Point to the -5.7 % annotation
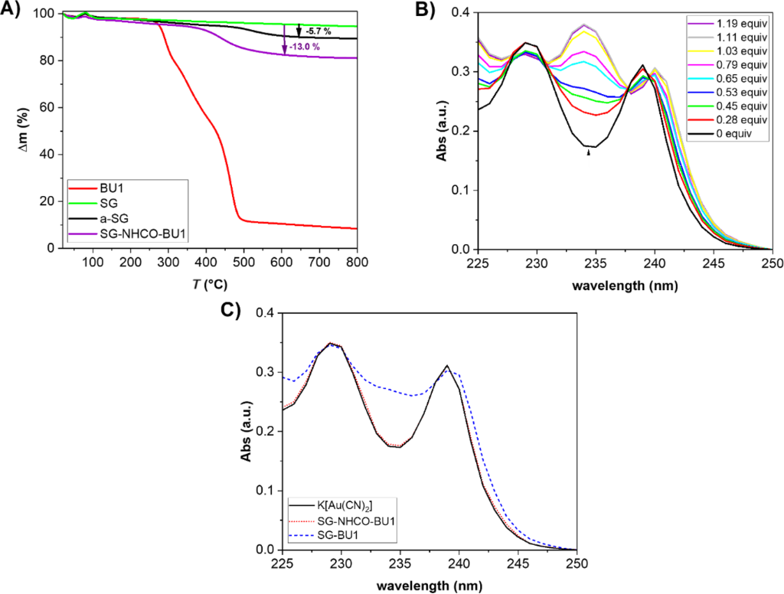click(318, 32)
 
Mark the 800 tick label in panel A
click(357, 263)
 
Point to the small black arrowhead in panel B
click(588, 153)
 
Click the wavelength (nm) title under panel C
click(429, 586)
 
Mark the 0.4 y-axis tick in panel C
click(265, 312)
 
